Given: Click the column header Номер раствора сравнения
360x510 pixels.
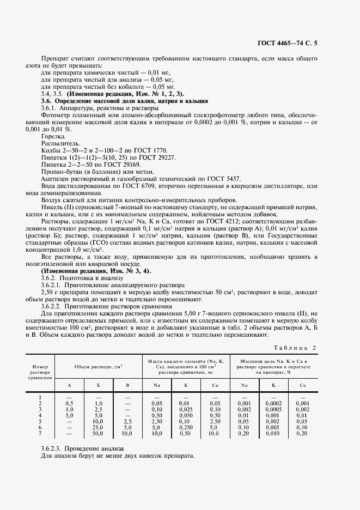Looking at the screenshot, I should click(x=40, y=370).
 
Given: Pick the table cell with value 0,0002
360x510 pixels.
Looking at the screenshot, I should click(x=272, y=403).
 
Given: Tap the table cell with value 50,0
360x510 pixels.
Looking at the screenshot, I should click(x=99, y=433).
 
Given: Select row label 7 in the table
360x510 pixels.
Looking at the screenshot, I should click(x=40, y=433).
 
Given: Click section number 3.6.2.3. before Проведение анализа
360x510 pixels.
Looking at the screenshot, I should click(x=53, y=448).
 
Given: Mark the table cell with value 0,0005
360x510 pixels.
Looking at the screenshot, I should click(x=272, y=409).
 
